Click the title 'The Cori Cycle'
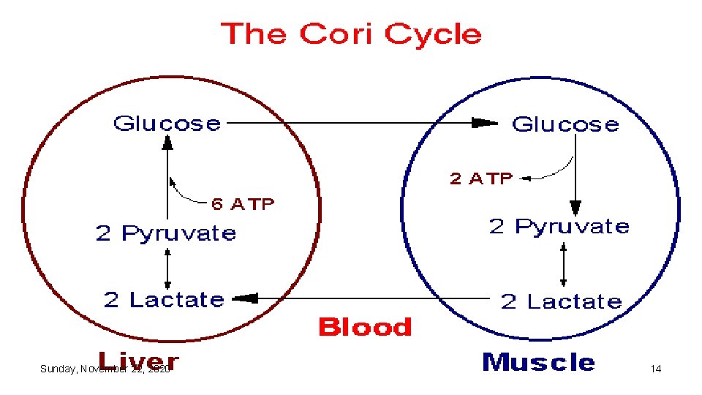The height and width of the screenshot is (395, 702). (x=351, y=34)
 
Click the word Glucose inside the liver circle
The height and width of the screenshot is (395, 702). (x=167, y=123)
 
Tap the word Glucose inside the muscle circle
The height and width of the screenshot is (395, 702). (x=565, y=124)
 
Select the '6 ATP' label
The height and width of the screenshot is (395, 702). (x=242, y=204)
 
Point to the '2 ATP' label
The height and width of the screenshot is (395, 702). (x=481, y=178)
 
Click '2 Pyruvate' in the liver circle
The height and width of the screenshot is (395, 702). (x=166, y=233)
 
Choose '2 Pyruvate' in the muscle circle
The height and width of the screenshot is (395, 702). (x=559, y=226)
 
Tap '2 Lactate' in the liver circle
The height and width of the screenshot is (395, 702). (x=164, y=300)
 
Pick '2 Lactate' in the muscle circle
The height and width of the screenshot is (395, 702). (x=561, y=301)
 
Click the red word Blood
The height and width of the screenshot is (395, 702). (x=365, y=327)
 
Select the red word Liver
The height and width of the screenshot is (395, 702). (x=138, y=361)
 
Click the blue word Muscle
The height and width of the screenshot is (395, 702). (x=538, y=361)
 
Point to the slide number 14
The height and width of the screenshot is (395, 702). (x=656, y=369)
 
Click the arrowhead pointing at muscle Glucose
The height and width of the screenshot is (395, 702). (x=484, y=124)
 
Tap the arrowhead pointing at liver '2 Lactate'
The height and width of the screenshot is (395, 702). (x=246, y=298)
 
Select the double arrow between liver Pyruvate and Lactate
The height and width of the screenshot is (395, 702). (x=167, y=267)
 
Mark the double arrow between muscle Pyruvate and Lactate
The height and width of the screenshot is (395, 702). (x=563, y=264)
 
